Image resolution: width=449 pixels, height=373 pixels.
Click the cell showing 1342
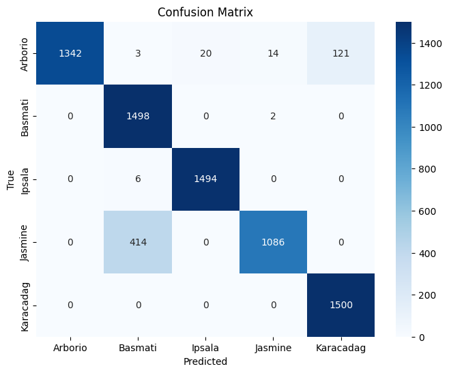point(70,53)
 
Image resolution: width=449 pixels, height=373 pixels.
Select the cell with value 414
point(138,242)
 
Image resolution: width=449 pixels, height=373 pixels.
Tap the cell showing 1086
point(273,242)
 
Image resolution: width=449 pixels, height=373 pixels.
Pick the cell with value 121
point(341,53)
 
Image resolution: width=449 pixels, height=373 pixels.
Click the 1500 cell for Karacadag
point(341,305)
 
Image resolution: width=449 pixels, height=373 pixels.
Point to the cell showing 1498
point(138,116)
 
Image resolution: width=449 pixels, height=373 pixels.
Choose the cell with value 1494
point(205,179)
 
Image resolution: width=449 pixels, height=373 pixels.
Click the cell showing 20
point(205,53)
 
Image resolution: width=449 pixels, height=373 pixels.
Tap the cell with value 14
point(273,53)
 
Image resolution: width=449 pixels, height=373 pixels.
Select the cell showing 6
point(138,179)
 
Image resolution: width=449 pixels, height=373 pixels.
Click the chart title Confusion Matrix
point(205,12)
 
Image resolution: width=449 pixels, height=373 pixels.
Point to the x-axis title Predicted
point(205,361)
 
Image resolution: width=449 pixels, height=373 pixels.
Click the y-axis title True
point(10,180)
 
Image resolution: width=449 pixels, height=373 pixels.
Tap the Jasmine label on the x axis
point(273,348)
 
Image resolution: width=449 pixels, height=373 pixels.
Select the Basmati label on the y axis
point(25,118)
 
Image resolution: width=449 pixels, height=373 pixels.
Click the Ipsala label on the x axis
point(205,348)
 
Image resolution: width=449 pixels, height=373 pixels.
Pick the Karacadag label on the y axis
point(25,307)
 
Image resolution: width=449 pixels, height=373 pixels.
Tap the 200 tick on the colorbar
point(427,295)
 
